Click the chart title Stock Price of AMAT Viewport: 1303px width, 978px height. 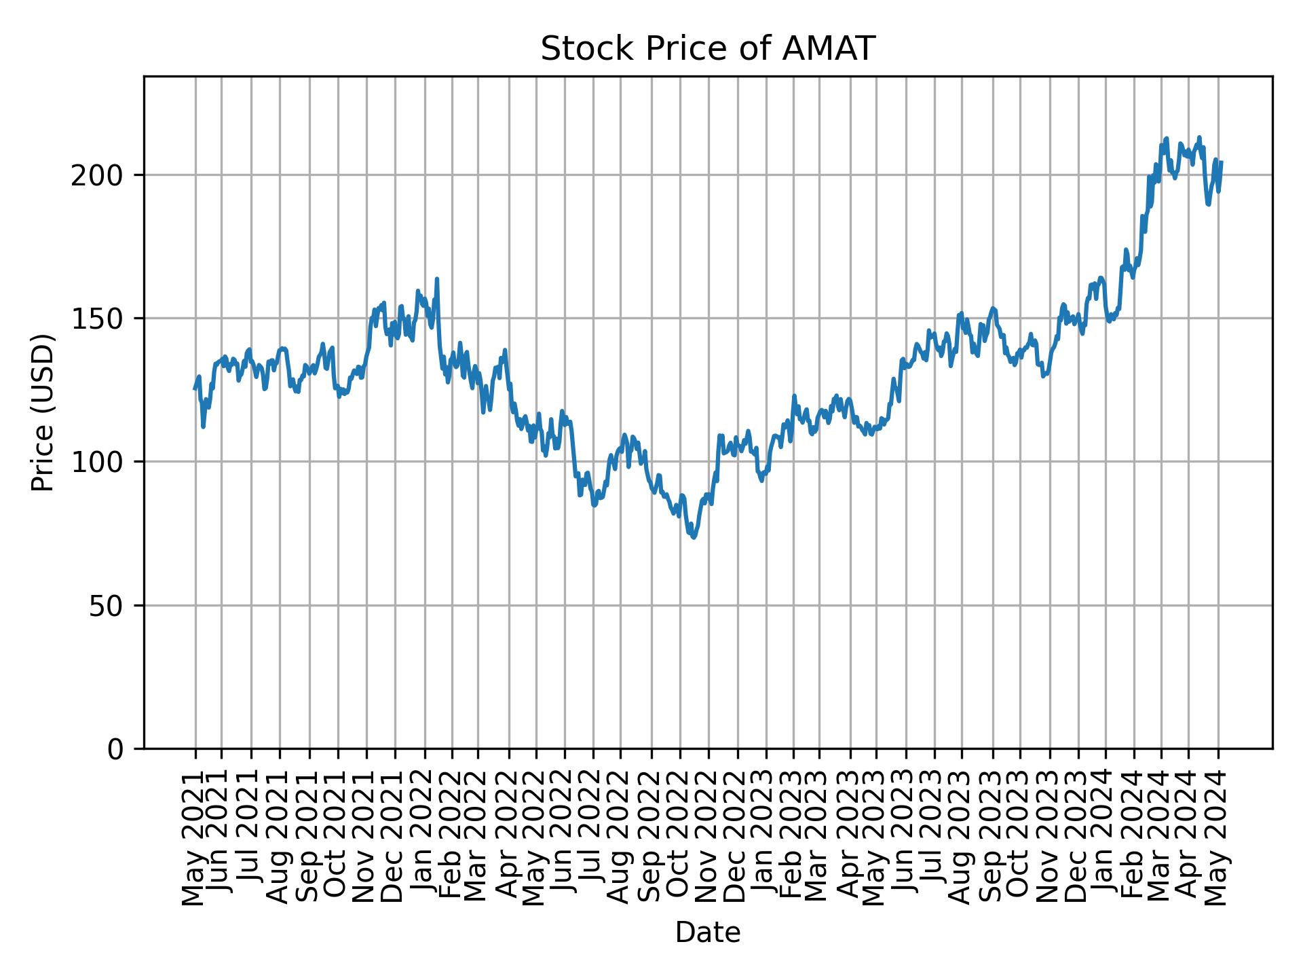tap(707, 49)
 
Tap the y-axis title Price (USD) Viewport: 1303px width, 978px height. tap(43, 412)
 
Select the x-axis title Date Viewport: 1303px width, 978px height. tap(707, 932)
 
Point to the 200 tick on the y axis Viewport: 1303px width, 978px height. tap(102, 175)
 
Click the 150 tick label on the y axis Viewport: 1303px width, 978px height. tap(102, 319)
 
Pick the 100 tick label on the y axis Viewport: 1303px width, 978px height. tap(102, 462)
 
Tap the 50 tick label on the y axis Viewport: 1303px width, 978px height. tap(111, 605)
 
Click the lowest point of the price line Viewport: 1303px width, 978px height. tap(694, 537)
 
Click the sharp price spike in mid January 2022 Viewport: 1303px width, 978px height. tap(437, 279)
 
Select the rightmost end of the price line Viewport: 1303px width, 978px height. tap(1222, 162)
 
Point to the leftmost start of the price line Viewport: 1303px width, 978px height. tap(195, 388)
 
